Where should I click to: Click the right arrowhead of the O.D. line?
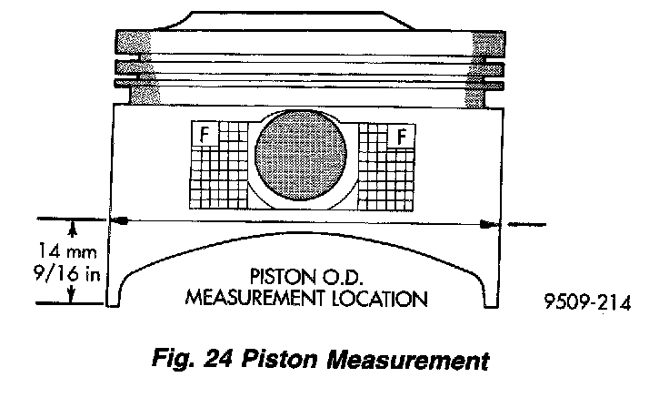491,221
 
